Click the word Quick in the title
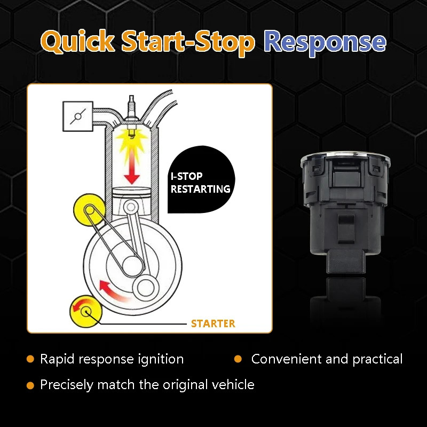pos(77,42)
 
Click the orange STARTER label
pos(213,323)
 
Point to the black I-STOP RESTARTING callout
pos(201,180)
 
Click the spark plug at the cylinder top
pos(131,114)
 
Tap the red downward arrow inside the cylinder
pos(132,167)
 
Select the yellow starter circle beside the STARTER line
pos(86,312)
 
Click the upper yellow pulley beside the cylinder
pos(89,210)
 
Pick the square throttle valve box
pos(78,116)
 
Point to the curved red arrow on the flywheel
pos(113,291)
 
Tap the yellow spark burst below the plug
pos(131,141)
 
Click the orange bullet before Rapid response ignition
pos(30,359)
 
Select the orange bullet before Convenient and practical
pos(238,359)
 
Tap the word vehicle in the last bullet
pos(233,384)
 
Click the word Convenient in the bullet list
pos(287,359)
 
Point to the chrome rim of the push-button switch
pos(345,157)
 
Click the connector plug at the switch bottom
pos(346,262)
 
